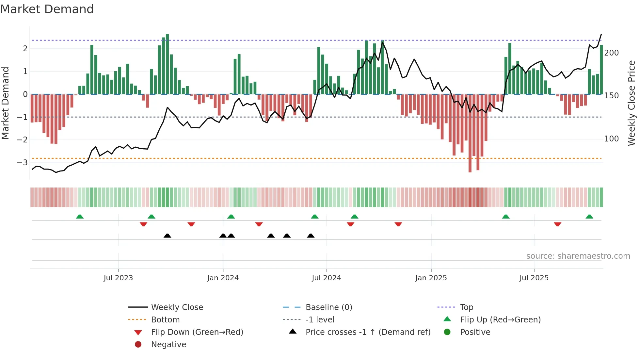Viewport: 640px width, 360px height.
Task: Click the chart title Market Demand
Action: tap(47, 9)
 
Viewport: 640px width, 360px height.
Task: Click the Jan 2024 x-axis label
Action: tap(223, 278)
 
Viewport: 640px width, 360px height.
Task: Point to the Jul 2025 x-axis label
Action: tap(534, 278)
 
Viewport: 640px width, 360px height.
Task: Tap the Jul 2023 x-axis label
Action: tap(118, 278)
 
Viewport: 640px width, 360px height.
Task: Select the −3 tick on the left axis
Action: tap(23, 163)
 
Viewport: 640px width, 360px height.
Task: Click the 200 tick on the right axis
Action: tap(611, 53)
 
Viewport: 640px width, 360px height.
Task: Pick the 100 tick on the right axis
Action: tap(611, 139)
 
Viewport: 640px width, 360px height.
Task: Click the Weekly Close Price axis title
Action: tap(632, 103)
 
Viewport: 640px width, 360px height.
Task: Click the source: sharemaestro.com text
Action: tap(578, 256)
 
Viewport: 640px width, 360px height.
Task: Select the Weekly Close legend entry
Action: tap(177, 307)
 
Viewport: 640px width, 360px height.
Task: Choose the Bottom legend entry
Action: tap(165, 320)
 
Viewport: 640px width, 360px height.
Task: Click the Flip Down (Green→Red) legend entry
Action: tap(197, 332)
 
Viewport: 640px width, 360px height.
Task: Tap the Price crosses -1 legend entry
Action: tap(368, 332)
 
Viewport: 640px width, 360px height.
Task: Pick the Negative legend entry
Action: tap(168, 345)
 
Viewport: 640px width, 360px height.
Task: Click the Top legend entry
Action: tap(466, 307)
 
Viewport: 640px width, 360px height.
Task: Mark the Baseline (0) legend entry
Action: tap(328, 307)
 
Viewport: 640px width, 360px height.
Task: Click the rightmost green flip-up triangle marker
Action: tap(589, 217)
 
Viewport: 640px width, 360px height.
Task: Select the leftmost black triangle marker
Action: tap(167, 236)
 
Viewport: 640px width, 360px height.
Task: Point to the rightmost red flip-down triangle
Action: tap(557, 224)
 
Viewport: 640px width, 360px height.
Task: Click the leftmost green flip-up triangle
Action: tap(80, 217)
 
